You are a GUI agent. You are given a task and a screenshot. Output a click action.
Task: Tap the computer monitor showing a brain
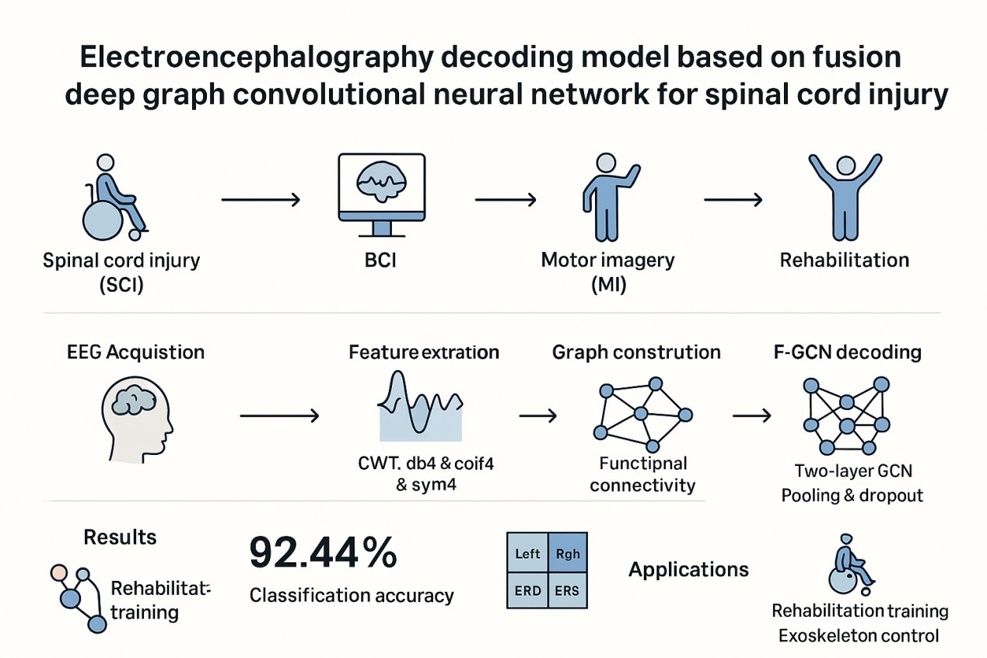381,193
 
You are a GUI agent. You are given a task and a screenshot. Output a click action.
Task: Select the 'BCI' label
381,259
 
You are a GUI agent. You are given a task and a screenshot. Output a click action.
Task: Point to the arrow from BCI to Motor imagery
506,201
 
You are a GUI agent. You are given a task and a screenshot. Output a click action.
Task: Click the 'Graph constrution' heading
636,352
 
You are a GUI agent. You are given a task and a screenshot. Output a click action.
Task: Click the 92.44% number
323,553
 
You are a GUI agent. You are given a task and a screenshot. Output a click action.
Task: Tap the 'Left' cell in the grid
528,555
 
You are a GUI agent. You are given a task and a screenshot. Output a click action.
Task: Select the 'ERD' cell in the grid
528,590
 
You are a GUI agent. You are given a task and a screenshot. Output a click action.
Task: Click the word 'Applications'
688,569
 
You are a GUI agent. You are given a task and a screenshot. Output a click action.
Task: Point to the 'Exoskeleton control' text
859,635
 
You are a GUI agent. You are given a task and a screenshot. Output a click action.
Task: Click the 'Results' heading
120,537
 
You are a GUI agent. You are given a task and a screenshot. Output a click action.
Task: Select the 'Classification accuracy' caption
352,596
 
